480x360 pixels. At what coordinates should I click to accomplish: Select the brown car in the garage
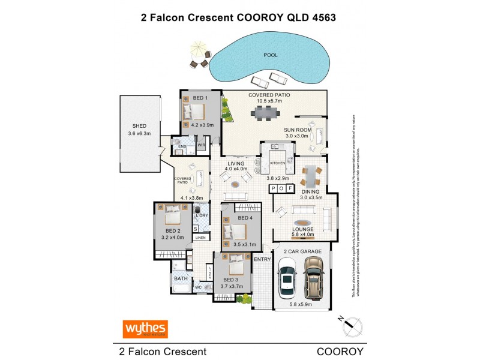pyautogui.click(x=314, y=277)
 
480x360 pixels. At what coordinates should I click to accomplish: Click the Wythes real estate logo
pyautogui.click(x=145, y=329)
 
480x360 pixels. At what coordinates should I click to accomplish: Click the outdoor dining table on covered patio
pyautogui.click(x=265, y=112)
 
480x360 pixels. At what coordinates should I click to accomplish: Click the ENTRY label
pyautogui.click(x=262, y=259)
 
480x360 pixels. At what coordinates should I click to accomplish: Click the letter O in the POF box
pyautogui.click(x=281, y=189)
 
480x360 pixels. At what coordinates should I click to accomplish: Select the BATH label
pyautogui.click(x=180, y=278)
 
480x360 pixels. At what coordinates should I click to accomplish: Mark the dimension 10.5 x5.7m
pyautogui.click(x=269, y=101)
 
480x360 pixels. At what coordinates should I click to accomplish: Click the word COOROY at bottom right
pyautogui.click(x=340, y=351)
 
